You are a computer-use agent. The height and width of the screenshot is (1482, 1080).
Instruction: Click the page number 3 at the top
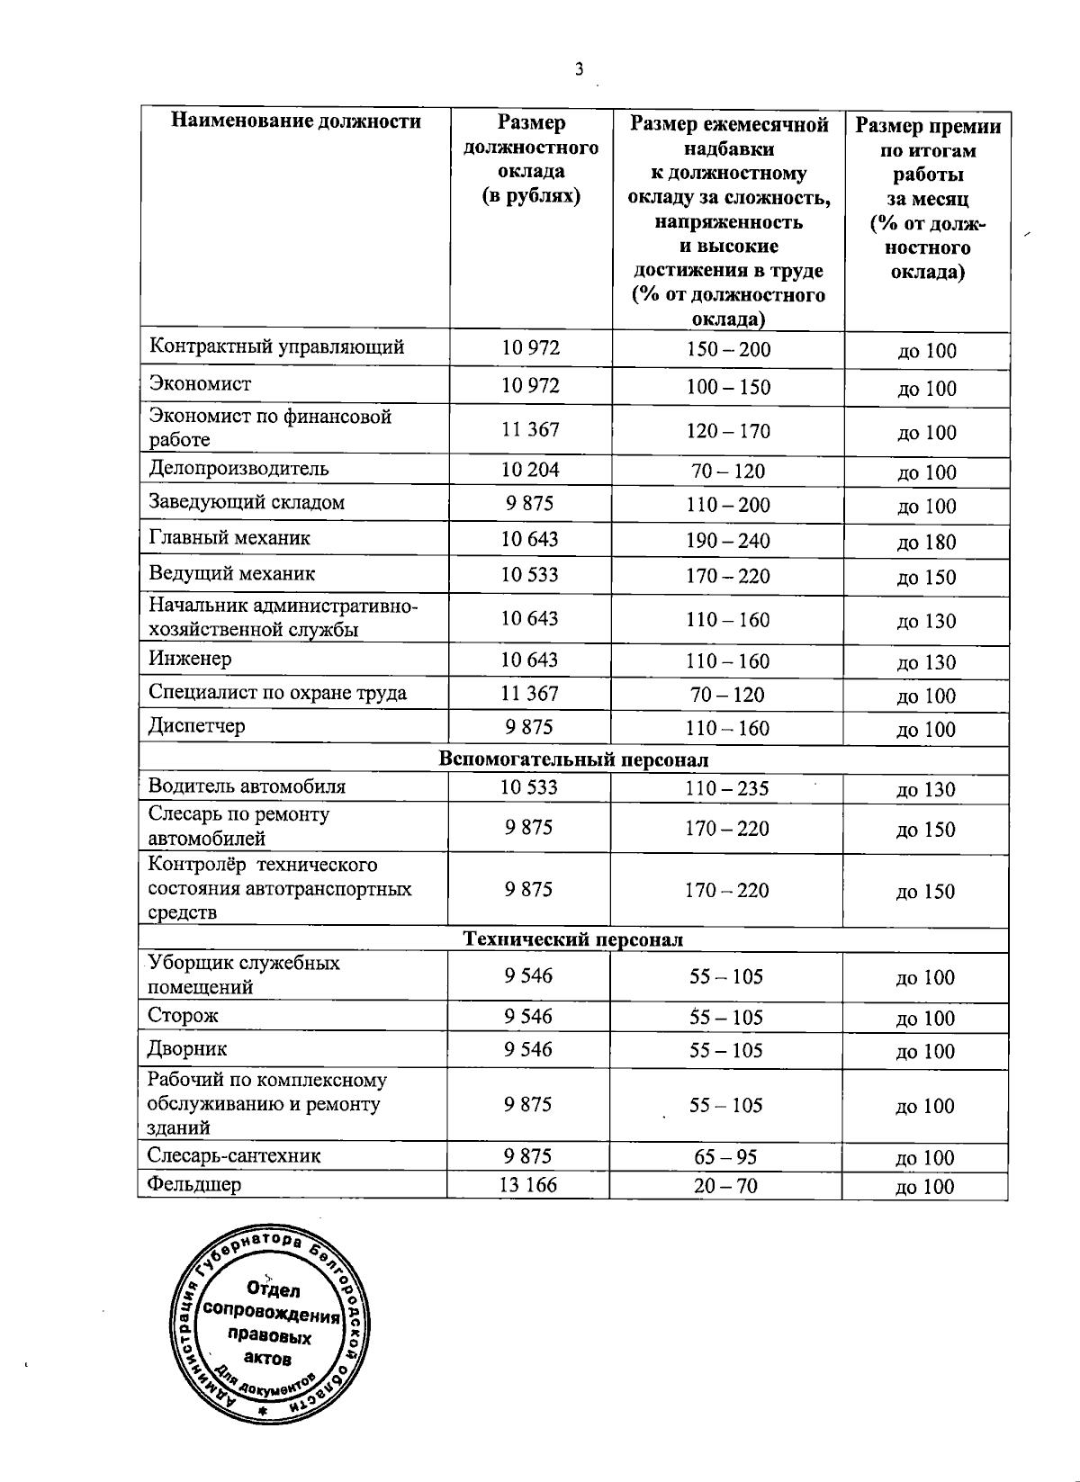click(x=579, y=68)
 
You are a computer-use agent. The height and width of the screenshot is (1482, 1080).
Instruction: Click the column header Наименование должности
click(x=296, y=121)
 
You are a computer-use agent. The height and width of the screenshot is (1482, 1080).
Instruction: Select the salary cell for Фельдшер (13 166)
click(x=527, y=1185)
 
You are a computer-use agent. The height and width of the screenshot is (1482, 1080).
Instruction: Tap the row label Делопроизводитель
click(x=238, y=469)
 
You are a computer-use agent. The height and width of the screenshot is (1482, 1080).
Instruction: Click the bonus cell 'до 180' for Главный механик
click(x=926, y=542)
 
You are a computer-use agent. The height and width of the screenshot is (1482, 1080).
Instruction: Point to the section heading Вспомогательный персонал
click(x=573, y=759)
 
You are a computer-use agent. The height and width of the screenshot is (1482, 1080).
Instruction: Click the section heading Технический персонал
click(x=572, y=939)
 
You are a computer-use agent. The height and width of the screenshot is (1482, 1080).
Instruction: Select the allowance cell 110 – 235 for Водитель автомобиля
click(x=726, y=788)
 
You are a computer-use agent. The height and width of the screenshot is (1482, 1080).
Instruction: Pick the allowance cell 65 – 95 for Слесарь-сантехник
click(x=725, y=1157)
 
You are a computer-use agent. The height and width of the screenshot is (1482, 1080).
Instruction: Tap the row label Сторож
click(x=184, y=1016)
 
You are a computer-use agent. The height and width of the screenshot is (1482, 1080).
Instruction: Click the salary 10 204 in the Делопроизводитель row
click(x=530, y=470)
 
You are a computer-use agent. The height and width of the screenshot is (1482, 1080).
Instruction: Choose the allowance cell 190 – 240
click(x=727, y=541)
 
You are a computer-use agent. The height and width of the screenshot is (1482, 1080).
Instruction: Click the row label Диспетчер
click(x=196, y=726)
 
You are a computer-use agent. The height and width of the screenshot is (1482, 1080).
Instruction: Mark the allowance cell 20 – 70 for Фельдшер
click(x=725, y=1186)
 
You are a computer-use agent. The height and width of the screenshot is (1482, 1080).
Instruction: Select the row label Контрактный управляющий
click(x=276, y=347)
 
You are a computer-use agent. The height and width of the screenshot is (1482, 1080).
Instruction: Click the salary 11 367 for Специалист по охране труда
click(x=529, y=694)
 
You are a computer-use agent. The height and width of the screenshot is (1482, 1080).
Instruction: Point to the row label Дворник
click(x=187, y=1049)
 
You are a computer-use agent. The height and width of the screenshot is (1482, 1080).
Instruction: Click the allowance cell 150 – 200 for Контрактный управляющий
click(x=728, y=349)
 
